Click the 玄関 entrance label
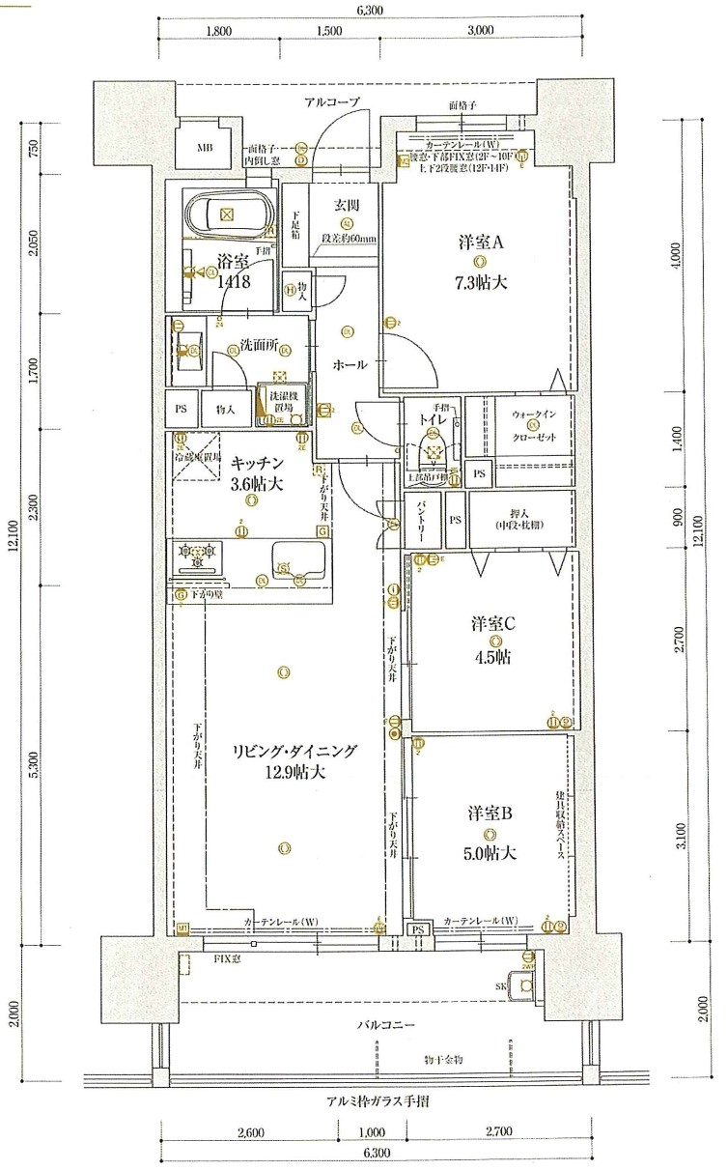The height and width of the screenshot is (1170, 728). tap(346, 204)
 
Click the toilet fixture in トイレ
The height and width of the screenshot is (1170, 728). tap(434, 450)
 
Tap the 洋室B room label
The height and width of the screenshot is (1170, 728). tap(490, 813)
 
